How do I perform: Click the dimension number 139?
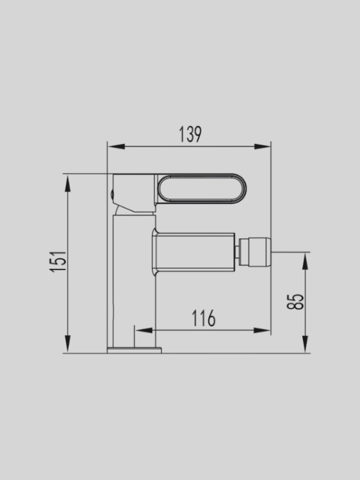coord(190,134)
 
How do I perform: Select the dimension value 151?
coord(59,261)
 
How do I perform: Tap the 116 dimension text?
coord(203,317)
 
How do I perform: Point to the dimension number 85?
coord(296,301)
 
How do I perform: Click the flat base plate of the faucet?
coord(135,349)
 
